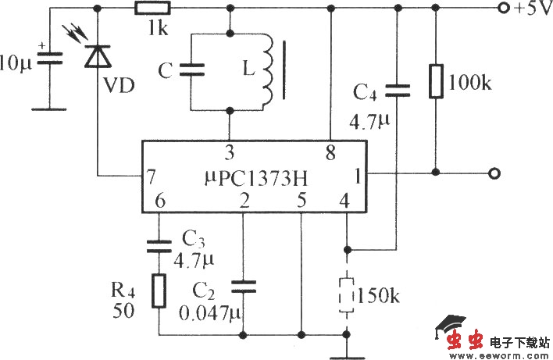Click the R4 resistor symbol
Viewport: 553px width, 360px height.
(159, 291)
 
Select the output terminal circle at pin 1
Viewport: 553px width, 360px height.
(493, 173)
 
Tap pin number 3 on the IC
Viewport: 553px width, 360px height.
(229, 151)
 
